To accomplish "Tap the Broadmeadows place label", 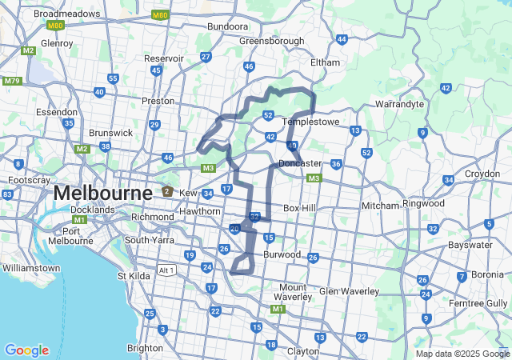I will click(66, 14).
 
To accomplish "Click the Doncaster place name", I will click(300, 163).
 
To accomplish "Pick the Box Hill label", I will click(301, 208).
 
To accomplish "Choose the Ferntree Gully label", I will click(478, 303).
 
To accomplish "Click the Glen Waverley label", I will click(349, 291).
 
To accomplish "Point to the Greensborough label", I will click(271, 41).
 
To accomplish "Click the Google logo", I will click(26, 350).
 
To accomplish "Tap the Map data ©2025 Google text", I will click(462, 354).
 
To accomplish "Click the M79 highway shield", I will click(12, 81).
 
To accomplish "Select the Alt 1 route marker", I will click(166, 270).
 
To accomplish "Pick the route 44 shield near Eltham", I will click(342, 39).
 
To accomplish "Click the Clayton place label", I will click(303, 350).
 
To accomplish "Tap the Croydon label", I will click(482, 174).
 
